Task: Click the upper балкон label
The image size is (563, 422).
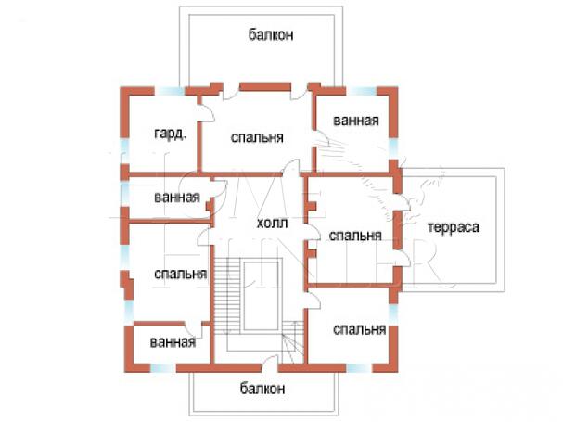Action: tap(271, 36)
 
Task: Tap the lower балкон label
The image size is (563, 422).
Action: tap(261, 388)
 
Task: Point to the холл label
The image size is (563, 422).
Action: tap(272, 224)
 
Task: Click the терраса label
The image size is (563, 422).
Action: tap(452, 227)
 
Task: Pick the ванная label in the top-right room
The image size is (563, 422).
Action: tap(356, 121)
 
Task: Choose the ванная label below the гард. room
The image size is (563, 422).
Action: tap(177, 197)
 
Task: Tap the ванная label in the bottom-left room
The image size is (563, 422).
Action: tap(173, 341)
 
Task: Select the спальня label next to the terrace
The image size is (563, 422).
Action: tap(356, 235)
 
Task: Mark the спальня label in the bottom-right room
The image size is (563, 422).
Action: tap(359, 329)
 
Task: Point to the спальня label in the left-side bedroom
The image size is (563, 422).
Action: tap(180, 274)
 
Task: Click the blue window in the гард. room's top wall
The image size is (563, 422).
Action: tap(168, 90)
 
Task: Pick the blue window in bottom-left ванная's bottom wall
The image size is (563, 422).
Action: tap(160, 367)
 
